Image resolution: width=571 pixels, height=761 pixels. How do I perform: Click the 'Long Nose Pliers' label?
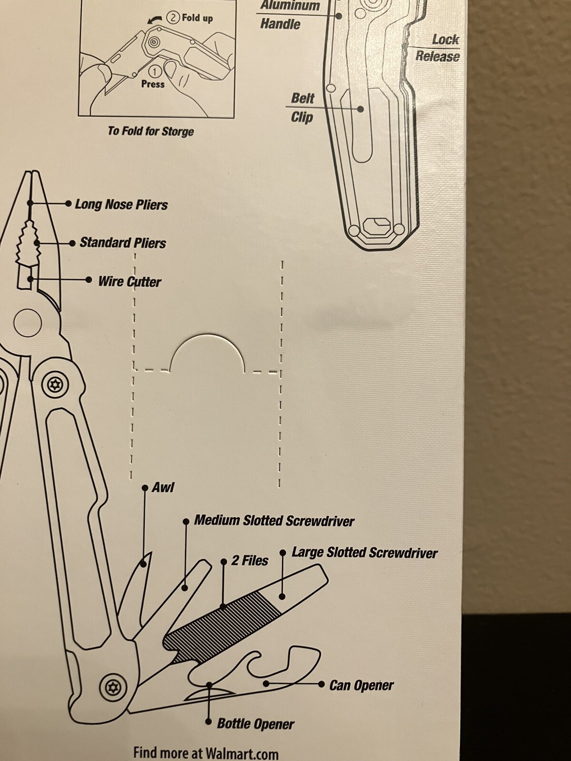point(121,205)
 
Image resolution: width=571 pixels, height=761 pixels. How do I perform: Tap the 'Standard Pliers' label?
point(123,243)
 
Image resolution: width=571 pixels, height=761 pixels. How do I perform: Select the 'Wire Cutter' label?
point(129,281)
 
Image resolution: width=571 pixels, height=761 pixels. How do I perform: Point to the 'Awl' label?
point(163,488)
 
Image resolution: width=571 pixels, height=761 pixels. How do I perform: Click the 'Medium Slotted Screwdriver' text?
point(274,520)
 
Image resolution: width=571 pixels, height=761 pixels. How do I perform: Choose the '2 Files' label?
point(250,561)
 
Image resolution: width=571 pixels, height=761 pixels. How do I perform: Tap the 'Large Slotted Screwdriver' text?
point(364,553)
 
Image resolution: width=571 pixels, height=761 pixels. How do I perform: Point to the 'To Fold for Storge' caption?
point(150,131)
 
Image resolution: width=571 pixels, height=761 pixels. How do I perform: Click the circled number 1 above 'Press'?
point(155,71)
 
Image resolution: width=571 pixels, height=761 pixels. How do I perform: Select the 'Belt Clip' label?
point(302,108)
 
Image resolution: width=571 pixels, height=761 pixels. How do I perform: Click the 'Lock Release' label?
point(438,48)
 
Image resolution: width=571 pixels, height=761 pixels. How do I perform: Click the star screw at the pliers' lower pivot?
point(113,686)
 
